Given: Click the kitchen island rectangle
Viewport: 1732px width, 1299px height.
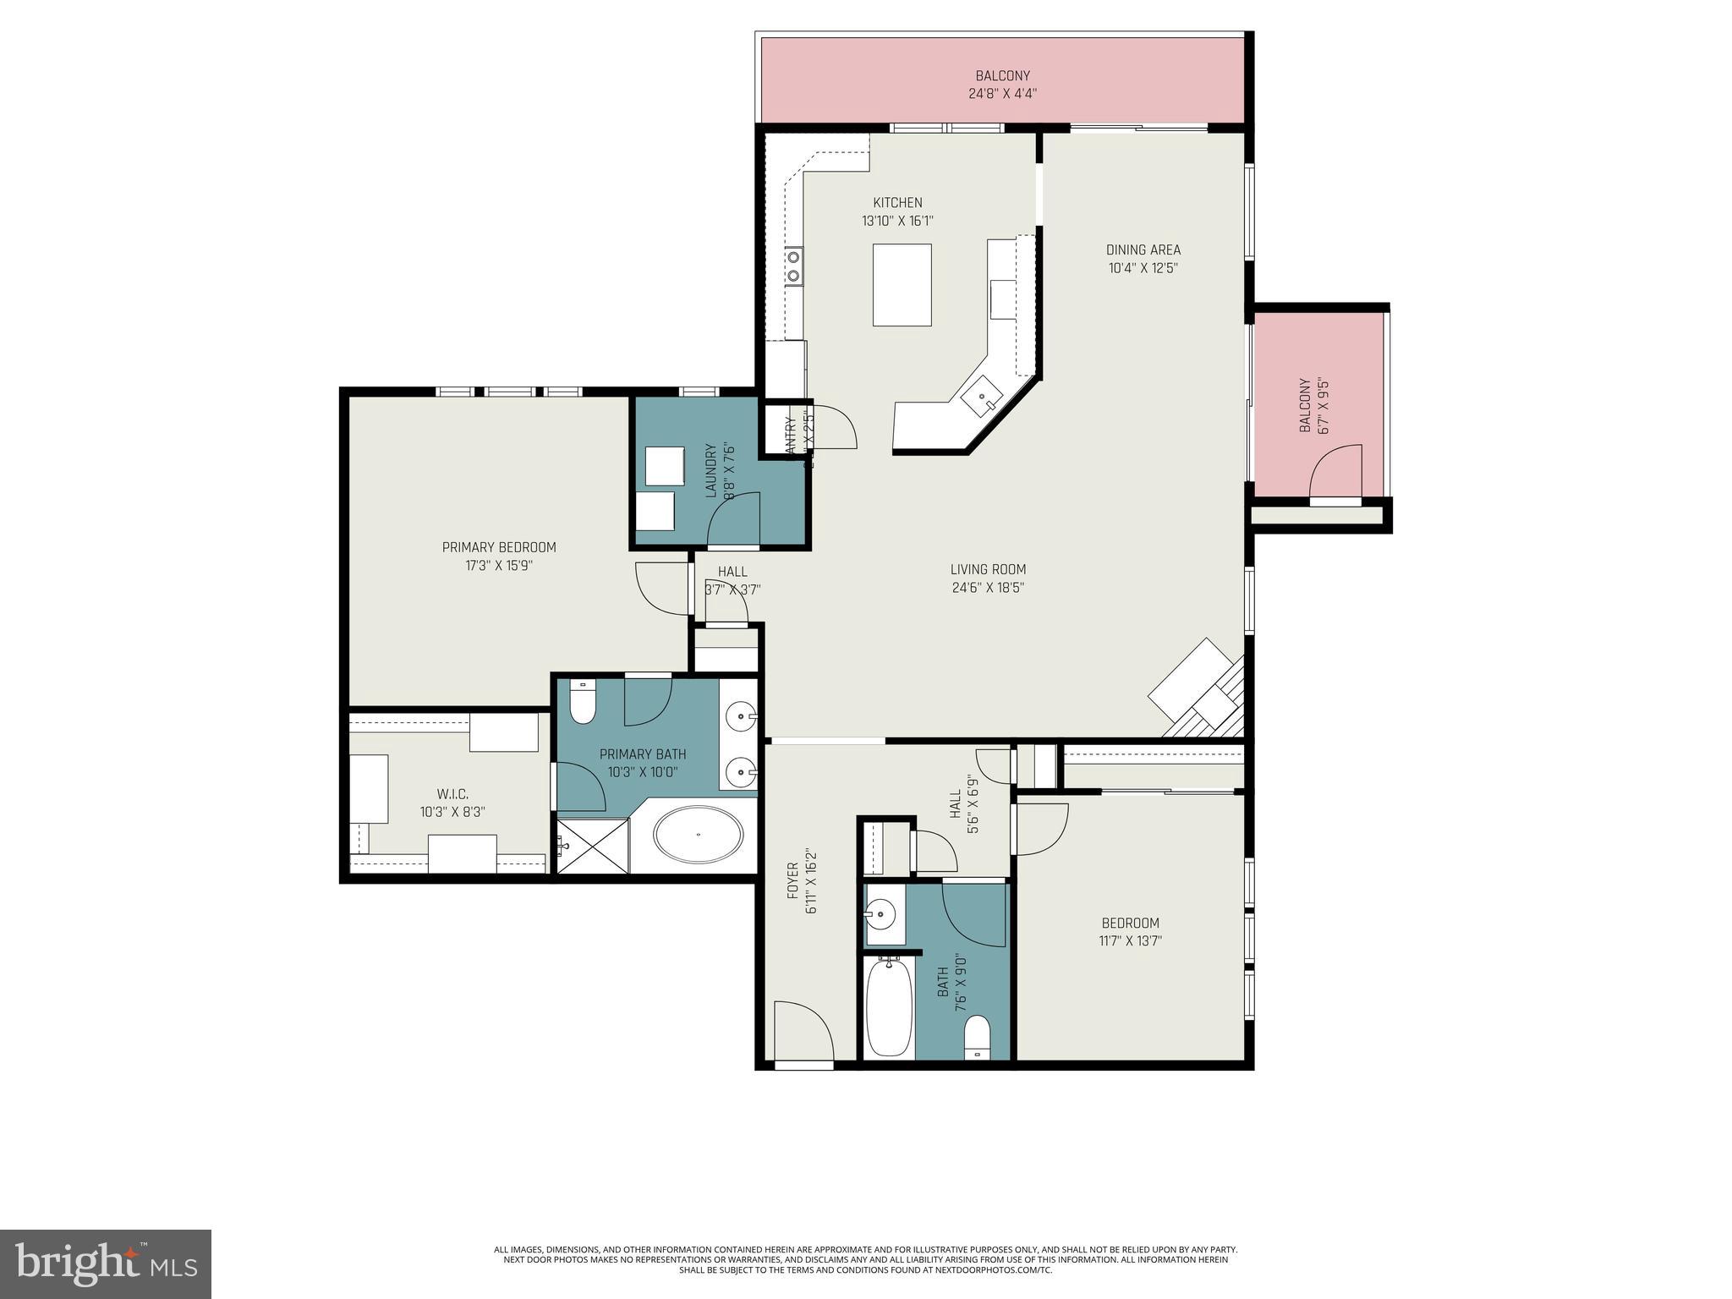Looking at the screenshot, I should point(902,285).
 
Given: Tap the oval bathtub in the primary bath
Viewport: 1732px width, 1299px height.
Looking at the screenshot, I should point(698,835).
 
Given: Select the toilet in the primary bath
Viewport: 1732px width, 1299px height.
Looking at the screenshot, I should point(583,702).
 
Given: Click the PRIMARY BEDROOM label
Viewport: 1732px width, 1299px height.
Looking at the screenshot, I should point(499,547).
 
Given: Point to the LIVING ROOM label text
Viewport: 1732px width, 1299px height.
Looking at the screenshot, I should point(988,569).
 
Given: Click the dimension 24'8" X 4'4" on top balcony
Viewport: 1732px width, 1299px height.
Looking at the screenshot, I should point(1002,94).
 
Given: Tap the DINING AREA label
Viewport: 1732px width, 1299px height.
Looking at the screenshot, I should point(1143,249).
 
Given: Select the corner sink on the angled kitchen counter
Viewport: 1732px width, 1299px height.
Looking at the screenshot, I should point(983,397).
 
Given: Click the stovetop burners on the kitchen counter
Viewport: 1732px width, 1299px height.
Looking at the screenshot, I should point(794,266).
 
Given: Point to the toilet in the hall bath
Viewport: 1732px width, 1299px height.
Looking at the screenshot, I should point(977,1037).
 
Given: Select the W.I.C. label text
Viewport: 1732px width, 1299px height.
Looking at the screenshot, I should point(452,793).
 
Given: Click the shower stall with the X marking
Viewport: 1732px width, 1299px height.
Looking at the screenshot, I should point(593,846).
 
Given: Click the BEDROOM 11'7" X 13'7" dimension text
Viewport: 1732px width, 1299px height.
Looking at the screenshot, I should point(1130,940).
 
